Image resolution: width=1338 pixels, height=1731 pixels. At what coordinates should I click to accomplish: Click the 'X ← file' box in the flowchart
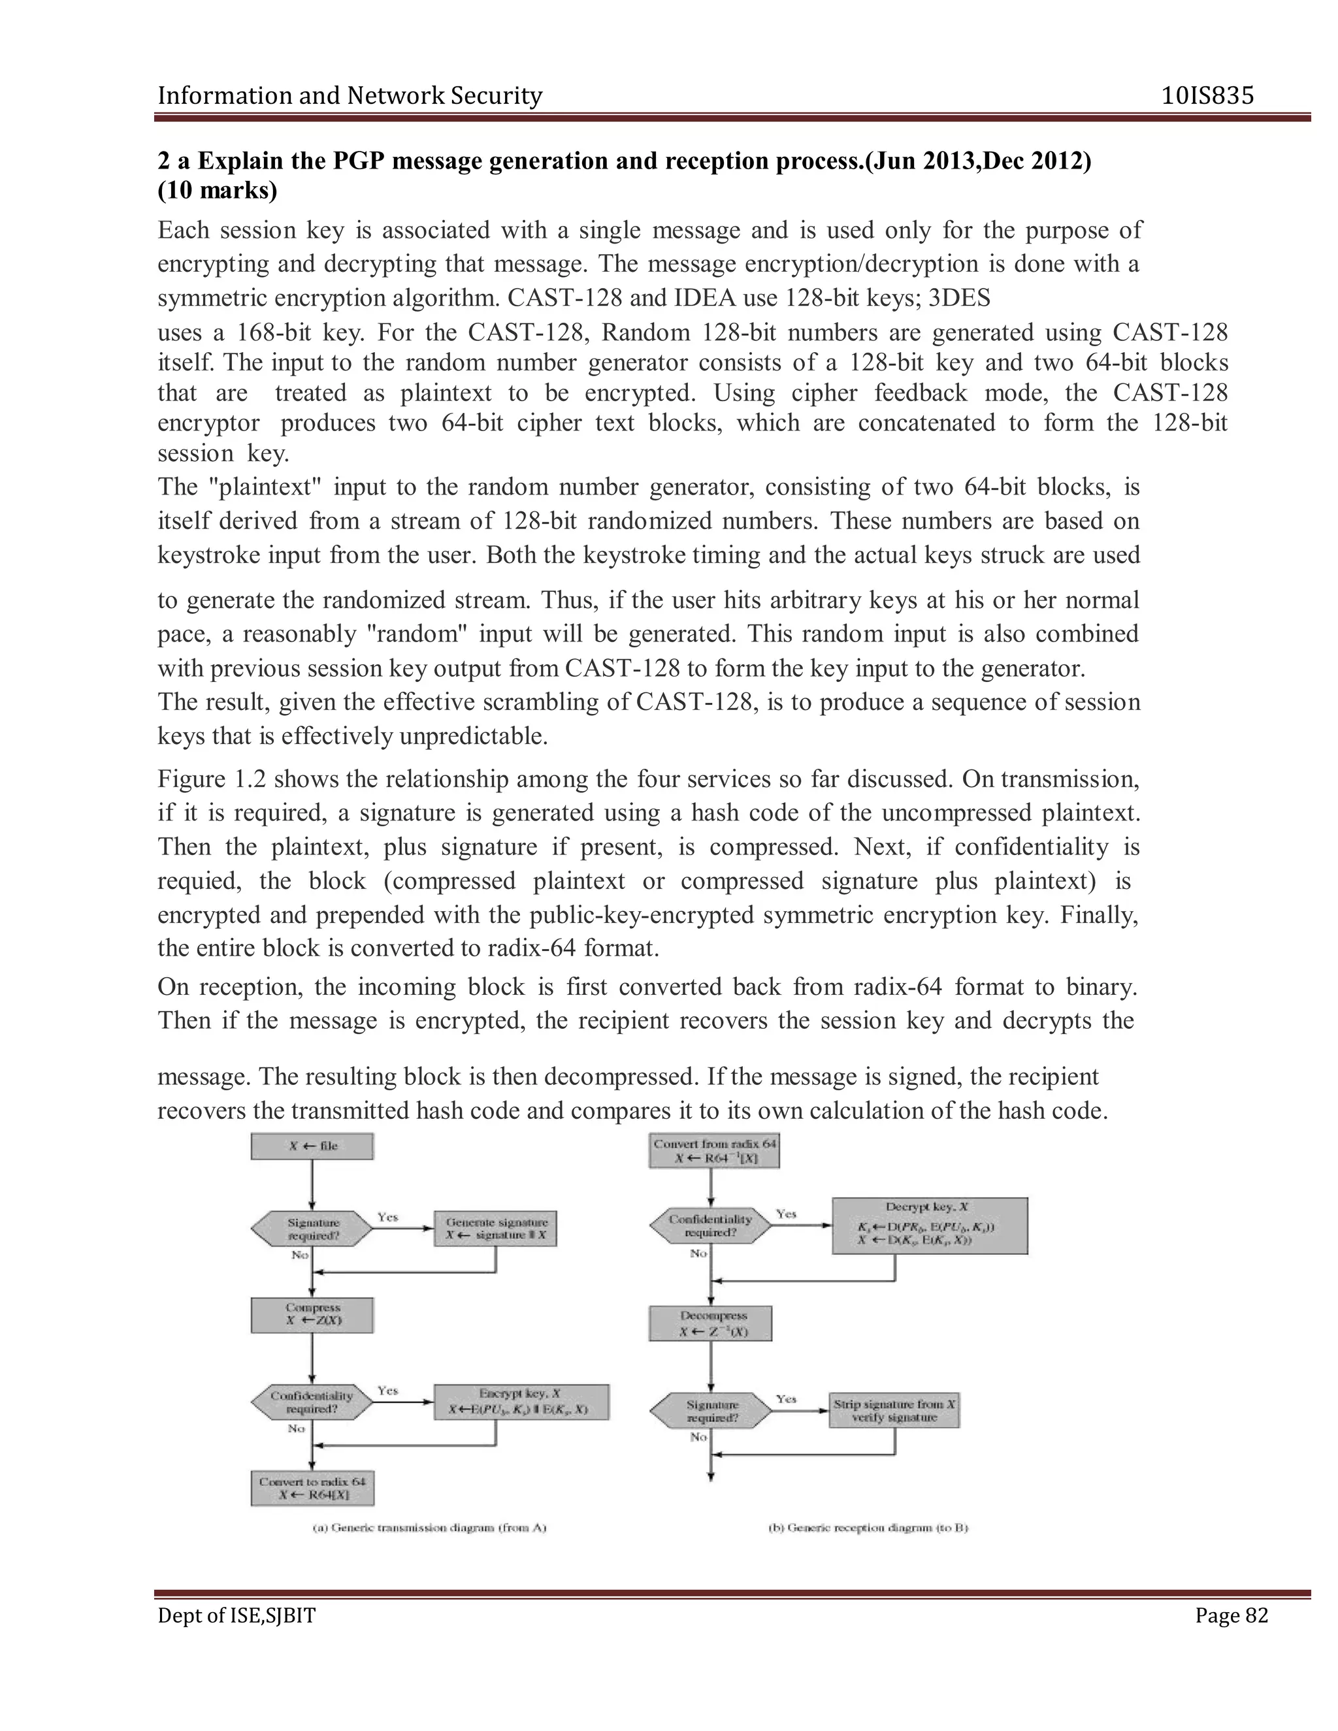pyautogui.click(x=312, y=1146)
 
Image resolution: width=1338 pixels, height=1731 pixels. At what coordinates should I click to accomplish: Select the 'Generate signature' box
pyautogui.click(x=495, y=1229)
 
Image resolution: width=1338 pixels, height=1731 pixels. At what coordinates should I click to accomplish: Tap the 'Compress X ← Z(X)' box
pyautogui.click(x=312, y=1314)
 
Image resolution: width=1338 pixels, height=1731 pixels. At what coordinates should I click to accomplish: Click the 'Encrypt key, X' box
pyautogui.click(x=521, y=1401)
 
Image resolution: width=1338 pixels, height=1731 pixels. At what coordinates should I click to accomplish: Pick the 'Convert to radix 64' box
pyautogui.click(x=312, y=1489)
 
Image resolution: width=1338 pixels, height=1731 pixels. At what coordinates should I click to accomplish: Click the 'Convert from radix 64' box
pyautogui.click(x=713, y=1150)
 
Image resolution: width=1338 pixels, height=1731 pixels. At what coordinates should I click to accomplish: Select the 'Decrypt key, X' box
pyautogui.click(x=929, y=1226)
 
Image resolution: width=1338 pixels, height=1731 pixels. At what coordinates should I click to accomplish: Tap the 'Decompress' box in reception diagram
pyautogui.click(x=710, y=1323)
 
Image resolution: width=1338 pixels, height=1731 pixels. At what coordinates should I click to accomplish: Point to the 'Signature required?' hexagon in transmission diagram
pyautogui.click(x=312, y=1229)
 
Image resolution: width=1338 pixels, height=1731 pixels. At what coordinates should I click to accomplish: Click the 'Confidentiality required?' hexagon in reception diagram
pyautogui.click(x=710, y=1226)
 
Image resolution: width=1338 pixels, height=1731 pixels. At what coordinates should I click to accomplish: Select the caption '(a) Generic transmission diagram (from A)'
pyautogui.click(x=429, y=1527)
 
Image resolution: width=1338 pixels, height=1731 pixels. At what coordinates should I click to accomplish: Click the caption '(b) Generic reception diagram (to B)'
pyautogui.click(x=868, y=1527)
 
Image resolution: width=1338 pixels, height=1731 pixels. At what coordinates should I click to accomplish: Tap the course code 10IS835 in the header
pyautogui.click(x=1207, y=96)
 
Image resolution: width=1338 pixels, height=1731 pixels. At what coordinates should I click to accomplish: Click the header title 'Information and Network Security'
pyautogui.click(x=350, y=96)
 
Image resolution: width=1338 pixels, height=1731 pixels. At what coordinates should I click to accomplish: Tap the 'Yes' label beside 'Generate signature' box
pyautogui.click(x=387, y=1217)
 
